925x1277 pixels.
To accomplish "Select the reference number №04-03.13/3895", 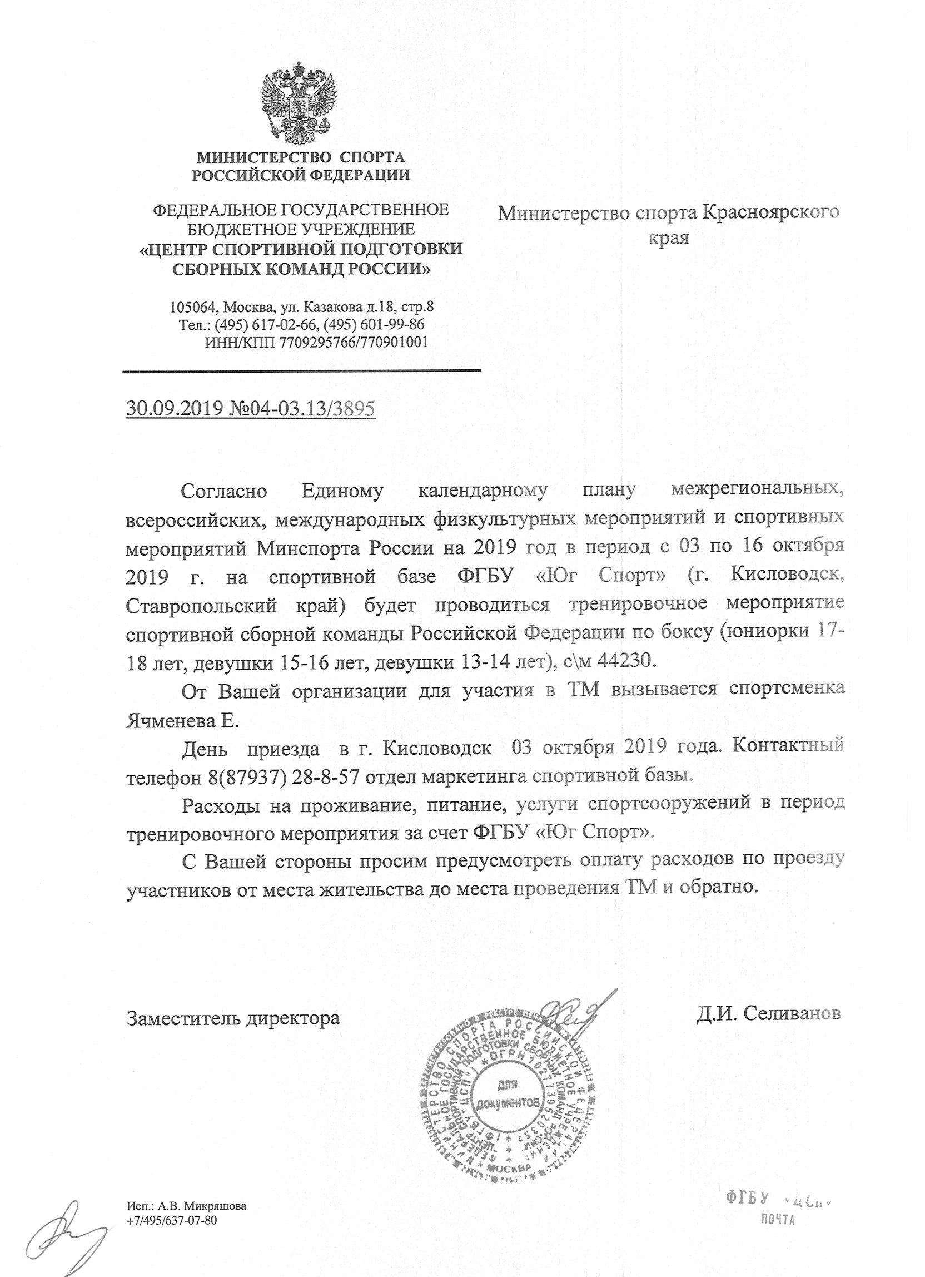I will [302, 408].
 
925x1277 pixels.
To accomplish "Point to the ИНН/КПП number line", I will [317, 341].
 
